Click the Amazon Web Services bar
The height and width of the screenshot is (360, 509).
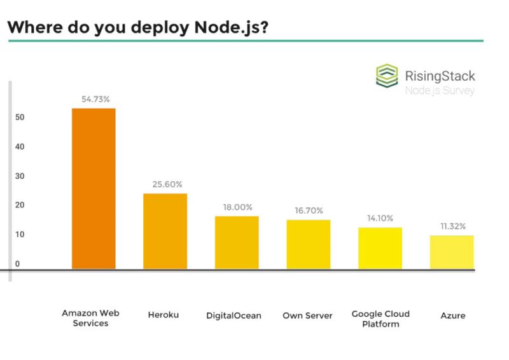[x=94, y=189]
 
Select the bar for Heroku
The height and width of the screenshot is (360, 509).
[x=165, y=232]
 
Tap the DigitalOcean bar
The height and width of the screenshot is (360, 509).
[x=237, y=243]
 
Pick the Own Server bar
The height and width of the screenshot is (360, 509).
[x=308, y=245]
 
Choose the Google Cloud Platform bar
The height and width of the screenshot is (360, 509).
[x=380, y=249]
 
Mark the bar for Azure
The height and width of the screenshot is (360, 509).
[x=452, y=253]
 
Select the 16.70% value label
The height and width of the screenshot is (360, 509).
[x=309, y=211]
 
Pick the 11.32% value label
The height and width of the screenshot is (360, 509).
[x=452, y=226]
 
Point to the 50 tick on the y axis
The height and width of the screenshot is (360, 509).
[x=20, y=118]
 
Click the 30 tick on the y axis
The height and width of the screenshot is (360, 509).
[x=20, y=176]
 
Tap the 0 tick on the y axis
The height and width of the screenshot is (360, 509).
[x=18, y=263]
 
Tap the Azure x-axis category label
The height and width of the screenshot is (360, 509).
[x=452, y=315]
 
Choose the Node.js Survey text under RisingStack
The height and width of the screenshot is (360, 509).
[x=440, y=90]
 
